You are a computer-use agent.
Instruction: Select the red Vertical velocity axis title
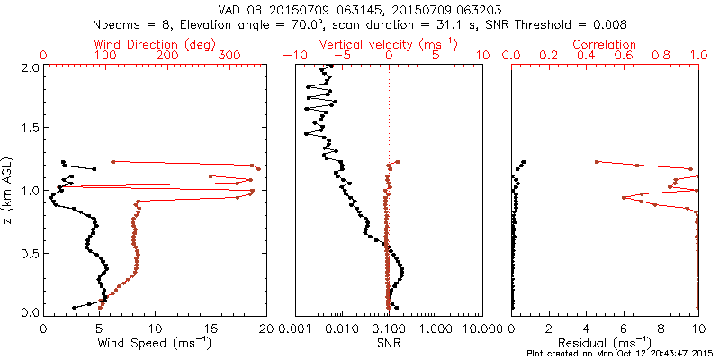click(x=388, y=44)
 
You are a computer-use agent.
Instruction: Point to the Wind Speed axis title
click(x=155, y=342)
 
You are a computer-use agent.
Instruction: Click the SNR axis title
click(x=388, y=342)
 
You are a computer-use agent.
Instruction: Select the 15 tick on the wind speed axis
click(x=211, y=328)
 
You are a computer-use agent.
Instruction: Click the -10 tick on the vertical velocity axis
click(x=293, y=56)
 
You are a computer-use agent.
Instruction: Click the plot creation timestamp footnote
click(x=623, y=354)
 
